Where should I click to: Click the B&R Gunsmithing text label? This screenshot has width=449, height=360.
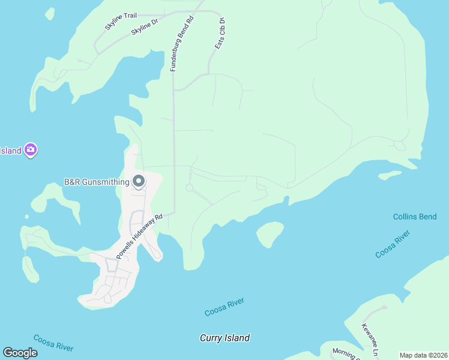tap(97, 182)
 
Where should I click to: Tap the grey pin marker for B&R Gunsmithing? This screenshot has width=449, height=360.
tap(139, 181)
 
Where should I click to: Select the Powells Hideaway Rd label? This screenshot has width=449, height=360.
tap(140, 237)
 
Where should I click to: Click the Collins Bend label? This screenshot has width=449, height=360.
tap(415, 217)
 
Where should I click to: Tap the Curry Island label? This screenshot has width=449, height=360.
tap(224, 338)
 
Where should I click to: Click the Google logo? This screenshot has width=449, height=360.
tap(20, 353)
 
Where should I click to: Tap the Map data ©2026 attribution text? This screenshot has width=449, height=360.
tap(423, 355)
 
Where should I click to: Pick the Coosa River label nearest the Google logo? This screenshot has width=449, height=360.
tap(53, 343)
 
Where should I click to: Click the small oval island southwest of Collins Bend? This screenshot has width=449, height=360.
tap(270, 233)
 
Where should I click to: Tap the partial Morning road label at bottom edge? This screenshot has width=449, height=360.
tap(345, 354)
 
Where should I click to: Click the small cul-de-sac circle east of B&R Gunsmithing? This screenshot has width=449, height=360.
tap(189, 188)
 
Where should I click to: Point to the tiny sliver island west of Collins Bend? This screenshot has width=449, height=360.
tap(390, 175)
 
